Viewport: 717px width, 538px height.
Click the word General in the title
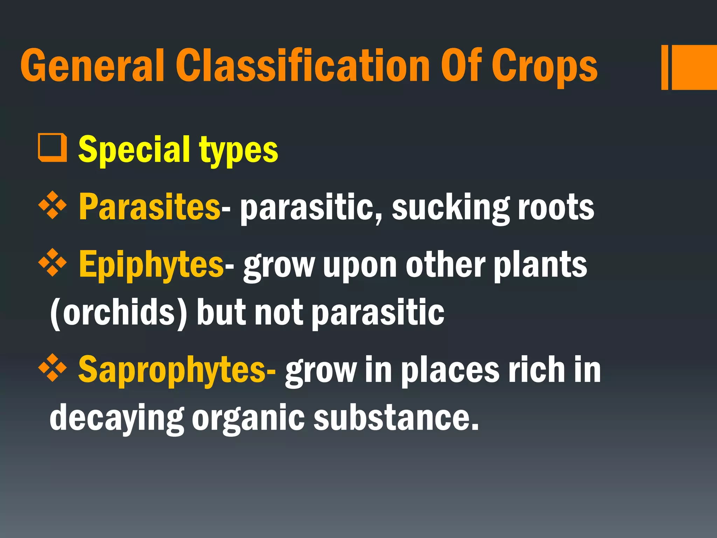point(92,65)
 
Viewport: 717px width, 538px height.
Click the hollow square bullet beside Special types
point(52,147)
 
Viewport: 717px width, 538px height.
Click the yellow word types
point(239,151)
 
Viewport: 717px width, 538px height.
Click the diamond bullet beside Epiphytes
point(52,262)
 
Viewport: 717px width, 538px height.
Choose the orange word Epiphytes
point(151,265)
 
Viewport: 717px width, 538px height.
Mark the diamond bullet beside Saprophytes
point(52,367)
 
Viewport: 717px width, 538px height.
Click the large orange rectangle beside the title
point(694,67)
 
